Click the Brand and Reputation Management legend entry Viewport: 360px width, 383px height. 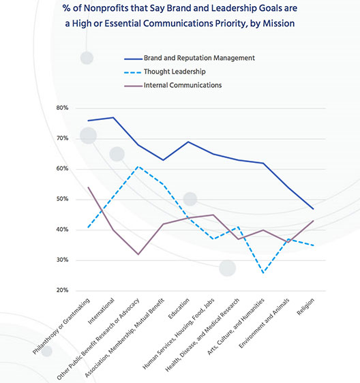coord(190,58)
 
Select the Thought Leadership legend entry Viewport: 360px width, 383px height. coord(165,72)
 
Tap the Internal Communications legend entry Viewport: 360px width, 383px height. coord(172,85)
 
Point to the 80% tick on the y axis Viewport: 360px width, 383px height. coord(62,108)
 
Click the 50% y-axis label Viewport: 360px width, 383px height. coord(62,199)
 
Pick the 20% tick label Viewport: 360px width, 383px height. coord(62,290)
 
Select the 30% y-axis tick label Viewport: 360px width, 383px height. coord(62,260)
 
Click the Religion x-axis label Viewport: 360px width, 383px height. coord(305,307)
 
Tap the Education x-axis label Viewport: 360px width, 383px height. coord(179,308)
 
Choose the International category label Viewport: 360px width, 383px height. coord(101,311)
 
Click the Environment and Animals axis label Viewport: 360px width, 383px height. coord(264,323)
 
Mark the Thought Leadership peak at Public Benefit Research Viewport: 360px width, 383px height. coord(138,166)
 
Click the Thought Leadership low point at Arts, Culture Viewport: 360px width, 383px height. coord(263,273)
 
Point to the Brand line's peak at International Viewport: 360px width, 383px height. coord(113,117)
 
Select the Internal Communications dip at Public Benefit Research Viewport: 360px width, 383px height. coord(138,254)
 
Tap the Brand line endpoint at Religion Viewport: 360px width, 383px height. coord(314,209)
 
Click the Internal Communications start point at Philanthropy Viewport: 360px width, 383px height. coord(88,187)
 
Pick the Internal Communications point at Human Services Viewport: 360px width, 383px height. coord(213,215)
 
